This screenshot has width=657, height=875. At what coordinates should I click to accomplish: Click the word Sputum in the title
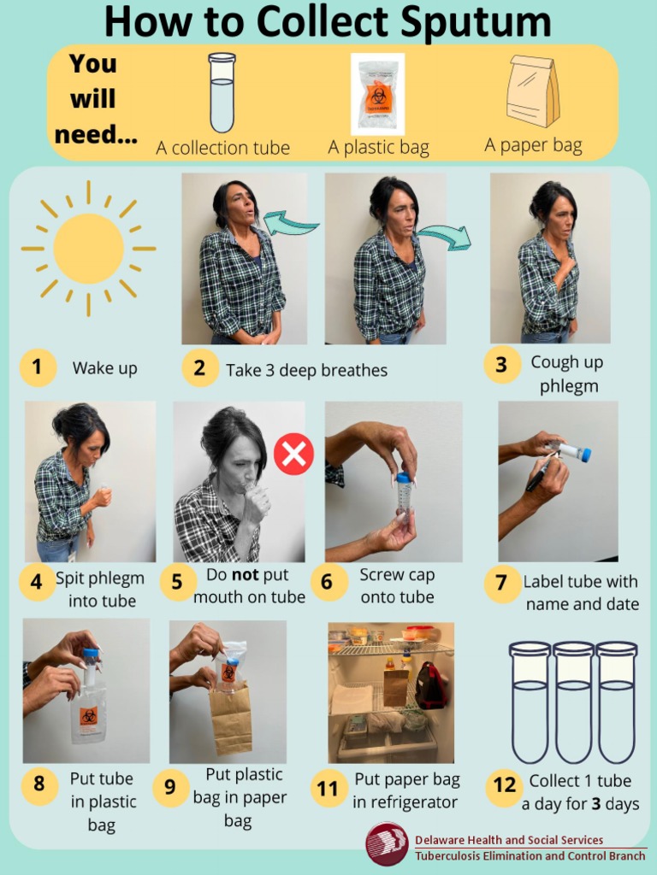(x=465, y=24)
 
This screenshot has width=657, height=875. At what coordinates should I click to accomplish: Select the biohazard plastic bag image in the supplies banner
(x=377, y=94)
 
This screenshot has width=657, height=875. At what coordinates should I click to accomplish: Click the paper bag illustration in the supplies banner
(x=532, y=91)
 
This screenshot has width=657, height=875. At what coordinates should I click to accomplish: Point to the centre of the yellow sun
(x=88, y=249)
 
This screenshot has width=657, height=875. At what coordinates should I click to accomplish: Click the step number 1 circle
(x=37, y=367)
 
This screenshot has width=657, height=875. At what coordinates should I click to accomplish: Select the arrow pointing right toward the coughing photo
(x=444, y=237)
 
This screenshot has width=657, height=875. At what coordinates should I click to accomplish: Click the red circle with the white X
(x=293, y=453)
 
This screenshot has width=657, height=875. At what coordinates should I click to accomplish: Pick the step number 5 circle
(x=177, y=582)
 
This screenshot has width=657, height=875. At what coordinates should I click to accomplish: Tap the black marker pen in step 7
(x=542, y=474)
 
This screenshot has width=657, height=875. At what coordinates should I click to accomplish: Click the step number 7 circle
(x=501, y=583)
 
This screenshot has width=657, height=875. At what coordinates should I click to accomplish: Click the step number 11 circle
(x=328, y=788)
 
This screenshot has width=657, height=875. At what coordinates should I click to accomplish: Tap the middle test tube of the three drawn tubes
(x=573, y=701)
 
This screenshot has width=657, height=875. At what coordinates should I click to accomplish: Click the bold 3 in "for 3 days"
(x=596, y=804)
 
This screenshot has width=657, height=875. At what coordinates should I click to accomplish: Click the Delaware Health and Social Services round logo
(x=387, y=844)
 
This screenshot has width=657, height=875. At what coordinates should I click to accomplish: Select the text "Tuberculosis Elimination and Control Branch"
(x=530, y=855)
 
